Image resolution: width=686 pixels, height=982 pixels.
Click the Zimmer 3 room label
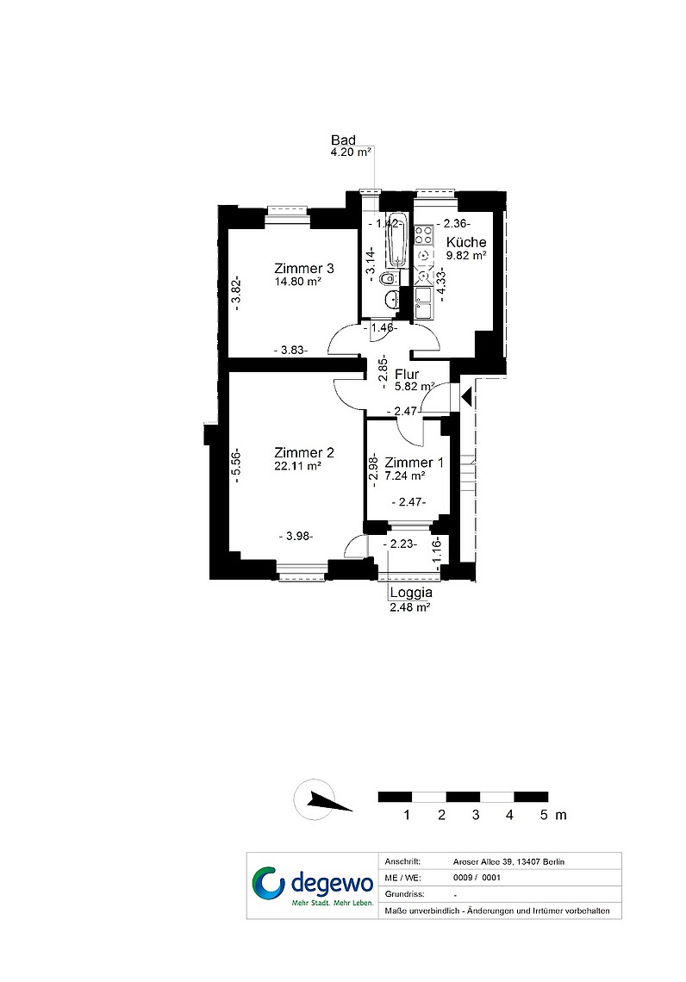tap(304, 269)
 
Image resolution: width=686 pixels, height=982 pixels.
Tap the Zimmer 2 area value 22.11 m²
tap(297, 466)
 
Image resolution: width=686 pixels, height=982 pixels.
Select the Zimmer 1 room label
tap(415, 463)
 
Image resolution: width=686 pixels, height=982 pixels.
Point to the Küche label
tap(466, 242)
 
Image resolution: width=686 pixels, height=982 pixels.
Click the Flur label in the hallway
tap(407, 375)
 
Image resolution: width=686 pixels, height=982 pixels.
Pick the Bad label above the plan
tap(343, 140)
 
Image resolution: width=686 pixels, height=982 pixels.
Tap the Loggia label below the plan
tap(411, 593)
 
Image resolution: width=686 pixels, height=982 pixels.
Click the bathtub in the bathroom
tap(396, 240)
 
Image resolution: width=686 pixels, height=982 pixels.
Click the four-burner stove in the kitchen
tap(423, 234)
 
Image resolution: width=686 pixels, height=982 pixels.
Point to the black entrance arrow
tap(465, 396)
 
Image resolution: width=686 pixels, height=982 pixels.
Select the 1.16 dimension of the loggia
tap(437, 552)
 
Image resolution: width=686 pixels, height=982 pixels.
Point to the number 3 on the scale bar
tap(476, 815)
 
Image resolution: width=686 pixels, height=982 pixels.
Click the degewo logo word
tap(332, 884)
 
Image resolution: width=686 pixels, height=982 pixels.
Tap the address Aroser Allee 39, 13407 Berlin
tap(508, 861)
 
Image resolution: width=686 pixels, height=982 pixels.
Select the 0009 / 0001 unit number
tap(477, 878)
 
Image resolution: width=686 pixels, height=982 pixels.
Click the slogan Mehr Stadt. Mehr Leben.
tap(332, 903)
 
